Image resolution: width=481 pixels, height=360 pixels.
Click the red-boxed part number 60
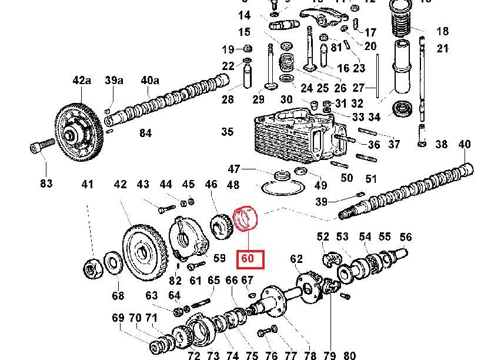coord(248,258)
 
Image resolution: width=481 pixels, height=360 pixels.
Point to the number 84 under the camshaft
coord(145,134)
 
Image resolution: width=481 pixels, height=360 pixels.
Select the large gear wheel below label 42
coord(141,249)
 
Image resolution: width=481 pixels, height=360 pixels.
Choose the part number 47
coord(234,169)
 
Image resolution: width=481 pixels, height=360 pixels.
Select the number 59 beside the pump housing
coord(219,258)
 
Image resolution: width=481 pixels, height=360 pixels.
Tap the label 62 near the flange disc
coord(296,258)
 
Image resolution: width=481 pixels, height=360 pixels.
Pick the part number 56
coord(406,236)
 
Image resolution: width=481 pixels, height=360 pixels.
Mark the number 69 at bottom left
coord(118,318)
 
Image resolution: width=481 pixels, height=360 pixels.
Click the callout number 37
coord(394,144)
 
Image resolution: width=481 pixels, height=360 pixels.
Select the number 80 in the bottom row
coord(350,355)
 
